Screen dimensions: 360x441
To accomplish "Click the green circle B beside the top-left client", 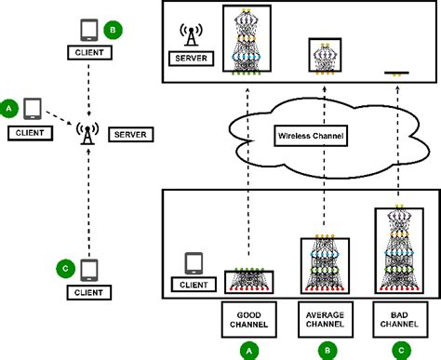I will click(113, 29).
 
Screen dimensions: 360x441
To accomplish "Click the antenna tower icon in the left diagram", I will click(86, 133).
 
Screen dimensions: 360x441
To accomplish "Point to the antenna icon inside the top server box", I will click(191, 36).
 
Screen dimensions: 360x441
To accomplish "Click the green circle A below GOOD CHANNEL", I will click(247, 349).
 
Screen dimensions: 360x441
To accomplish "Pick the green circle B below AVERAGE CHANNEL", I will click(325, 349).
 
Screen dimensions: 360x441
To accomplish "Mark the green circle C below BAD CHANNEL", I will click(401, 349).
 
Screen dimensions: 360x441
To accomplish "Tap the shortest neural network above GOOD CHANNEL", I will click(247, 281).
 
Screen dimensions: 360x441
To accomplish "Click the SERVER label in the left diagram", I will click(127, 135).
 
